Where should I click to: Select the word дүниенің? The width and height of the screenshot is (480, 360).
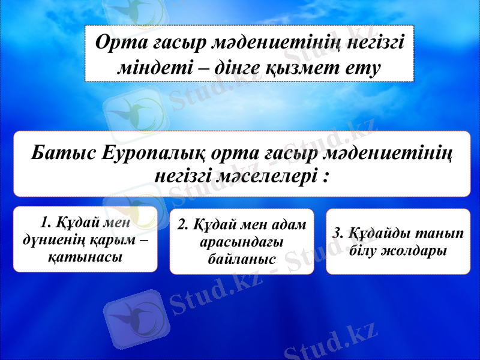coord(50,240)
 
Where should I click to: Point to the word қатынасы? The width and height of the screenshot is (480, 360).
coord(85,257)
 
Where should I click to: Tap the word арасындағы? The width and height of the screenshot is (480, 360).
coord(241,242)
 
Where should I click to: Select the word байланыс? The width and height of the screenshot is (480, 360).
coord(241,259)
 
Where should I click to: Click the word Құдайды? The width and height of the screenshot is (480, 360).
coord(379,233)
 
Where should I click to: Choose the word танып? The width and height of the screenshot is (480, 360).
coord(443,233)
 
